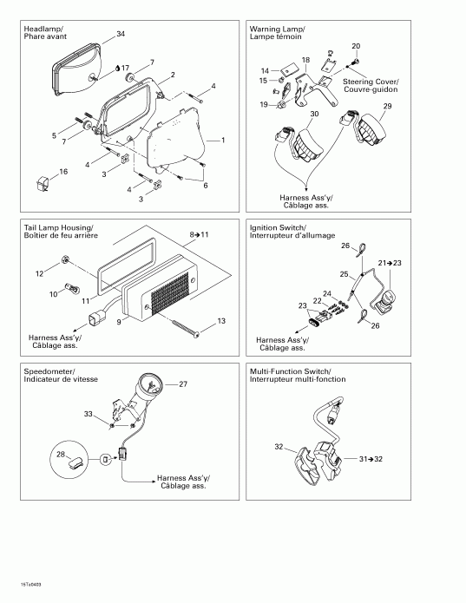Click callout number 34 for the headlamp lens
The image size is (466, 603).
click(x=120, y=34)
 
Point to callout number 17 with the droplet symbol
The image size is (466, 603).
click(x=126, y=68)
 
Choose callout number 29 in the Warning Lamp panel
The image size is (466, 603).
click(x=387, y=105)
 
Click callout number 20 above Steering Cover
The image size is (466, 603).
click(x=355, y=45)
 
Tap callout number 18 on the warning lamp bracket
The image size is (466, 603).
click(x=305, y=60)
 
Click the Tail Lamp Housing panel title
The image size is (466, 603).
click(x=60, y=232)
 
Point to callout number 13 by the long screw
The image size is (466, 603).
click(x=222, y=321)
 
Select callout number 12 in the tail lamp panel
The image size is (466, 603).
click(x=38, y=274)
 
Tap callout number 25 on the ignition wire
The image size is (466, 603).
click(x=344, y=274)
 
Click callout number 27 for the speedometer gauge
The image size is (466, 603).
click(x=183, y=383)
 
